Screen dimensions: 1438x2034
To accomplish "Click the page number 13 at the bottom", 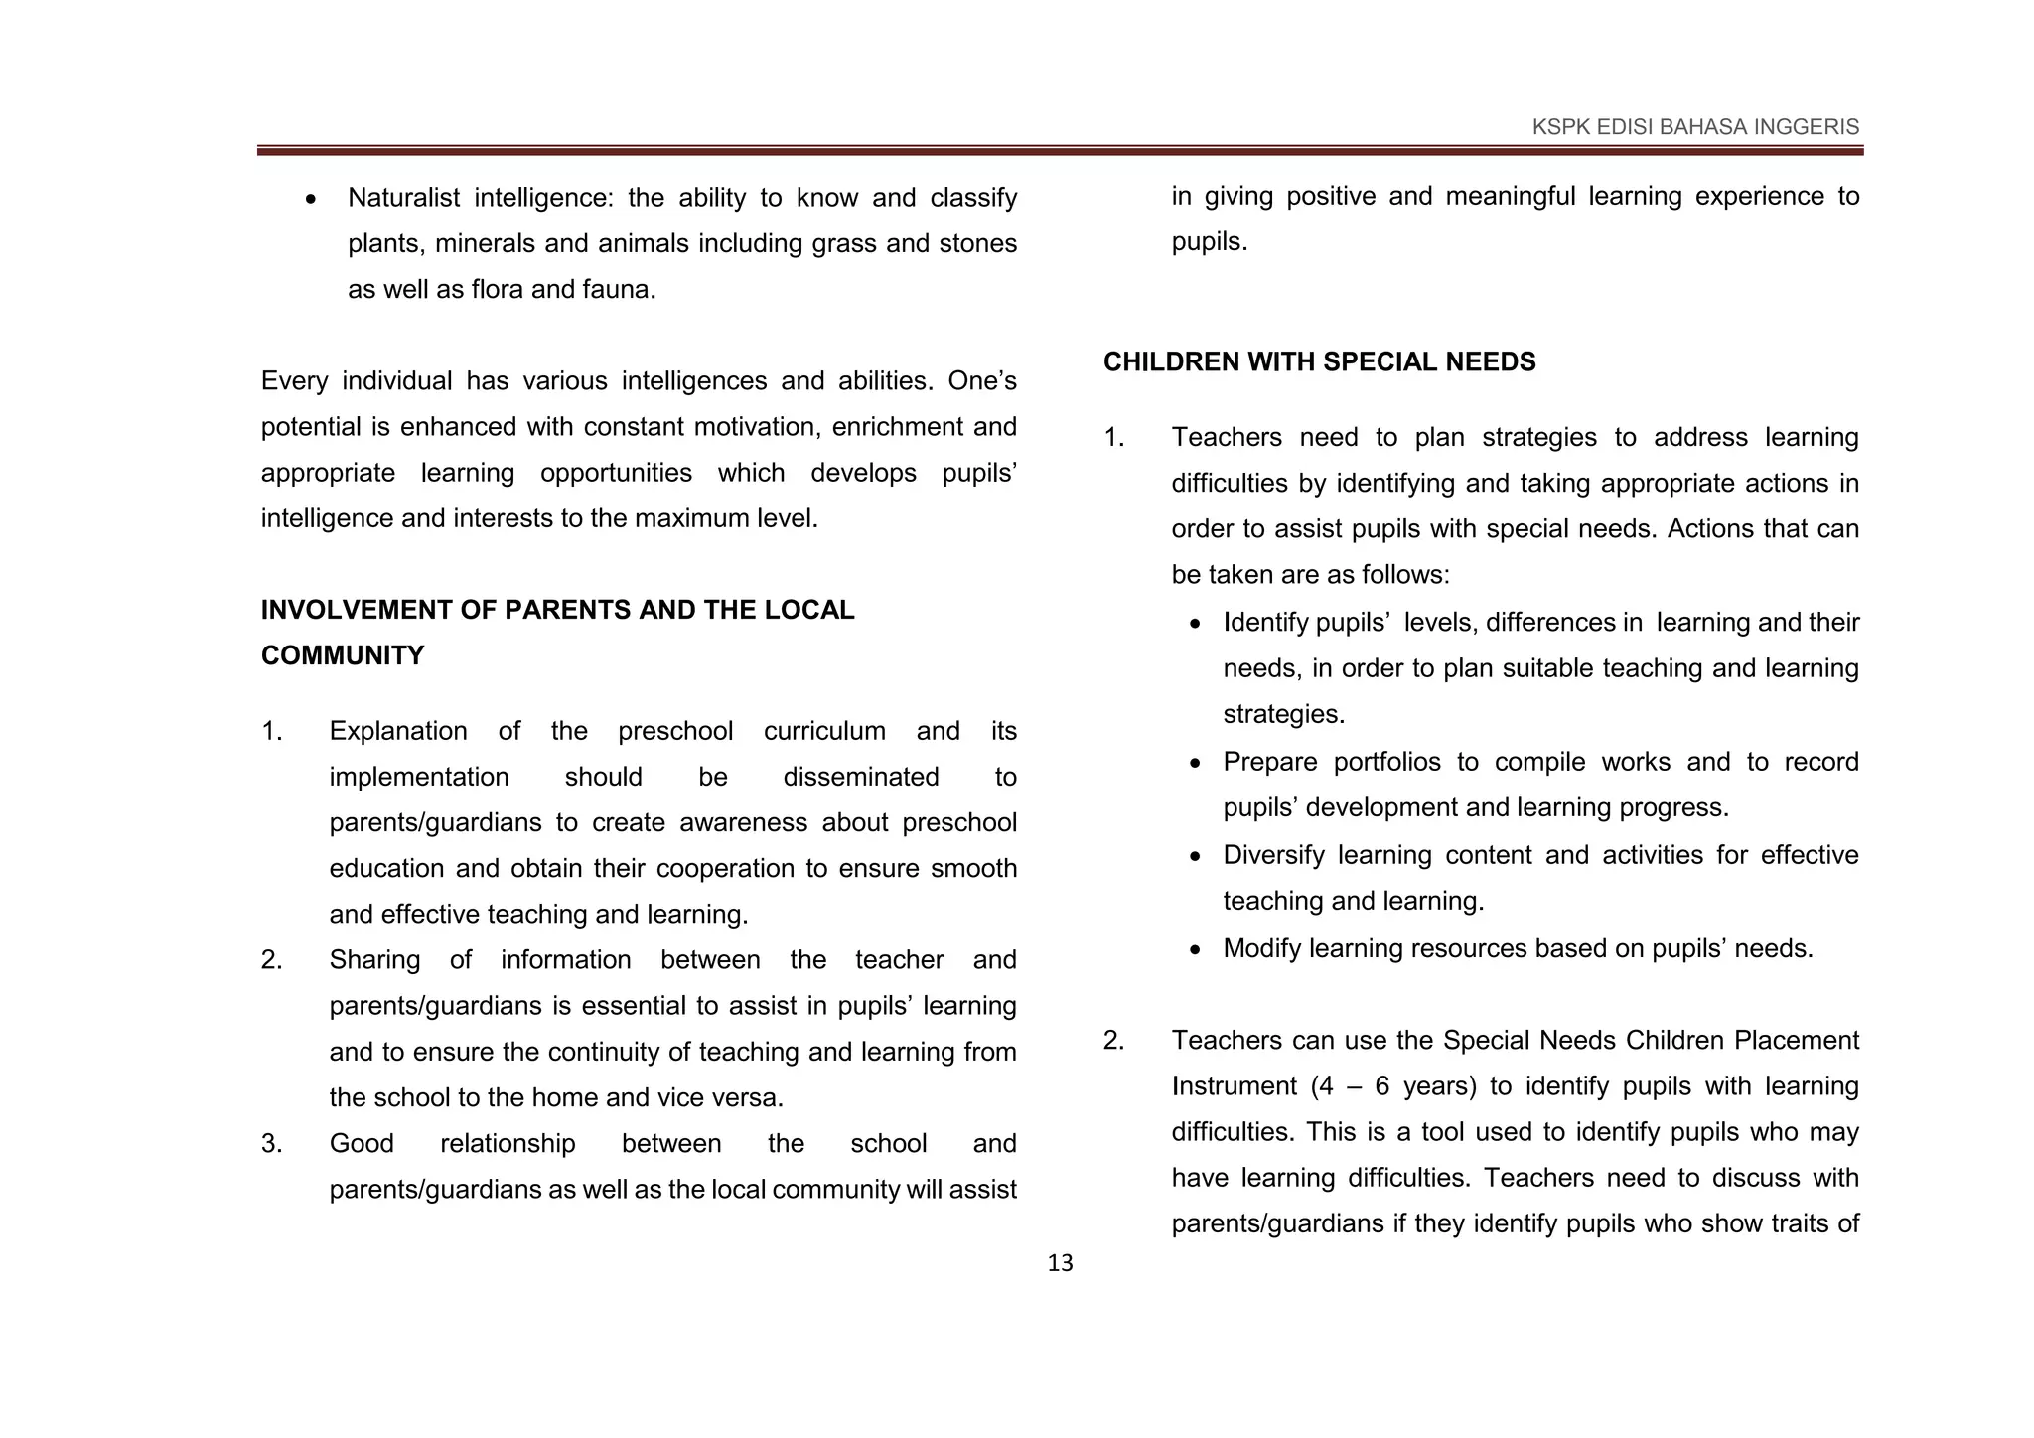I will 1060,1263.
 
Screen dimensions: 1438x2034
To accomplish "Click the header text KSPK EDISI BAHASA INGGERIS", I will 1695,127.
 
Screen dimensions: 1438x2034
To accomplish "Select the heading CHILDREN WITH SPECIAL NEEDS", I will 1319,362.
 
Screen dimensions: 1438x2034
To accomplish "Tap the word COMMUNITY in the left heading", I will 342,655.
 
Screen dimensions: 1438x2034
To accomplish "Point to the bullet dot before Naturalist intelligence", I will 312,200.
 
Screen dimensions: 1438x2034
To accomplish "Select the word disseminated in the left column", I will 860,777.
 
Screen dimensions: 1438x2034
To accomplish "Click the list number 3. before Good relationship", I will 272,1144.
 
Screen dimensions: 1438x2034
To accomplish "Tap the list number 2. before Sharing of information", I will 272,960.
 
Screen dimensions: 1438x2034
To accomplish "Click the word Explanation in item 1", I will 397,732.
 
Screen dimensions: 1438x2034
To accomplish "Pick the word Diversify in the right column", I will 1273,855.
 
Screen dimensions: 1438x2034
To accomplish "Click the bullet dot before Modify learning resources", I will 1197,950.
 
